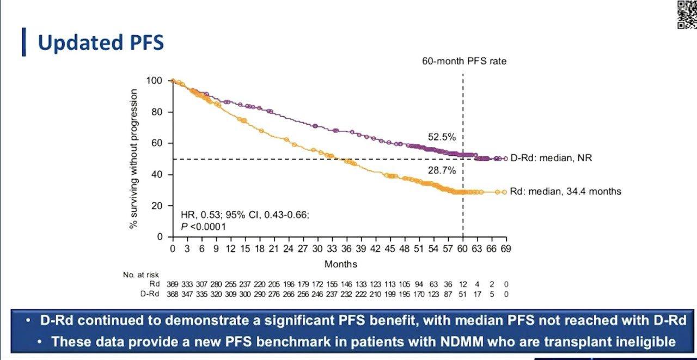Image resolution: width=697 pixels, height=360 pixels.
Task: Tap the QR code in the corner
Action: [686, 14]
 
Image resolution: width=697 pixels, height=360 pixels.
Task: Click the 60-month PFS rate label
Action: [464, 61]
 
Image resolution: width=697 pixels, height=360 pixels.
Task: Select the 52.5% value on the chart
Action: [442, 137]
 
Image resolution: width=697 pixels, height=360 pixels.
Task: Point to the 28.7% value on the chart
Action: [442, 170]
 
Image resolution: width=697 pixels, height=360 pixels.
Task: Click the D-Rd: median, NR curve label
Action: [551, 158]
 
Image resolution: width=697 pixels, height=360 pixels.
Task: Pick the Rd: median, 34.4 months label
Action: [565, 191]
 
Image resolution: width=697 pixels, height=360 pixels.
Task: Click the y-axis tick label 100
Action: [155, 81]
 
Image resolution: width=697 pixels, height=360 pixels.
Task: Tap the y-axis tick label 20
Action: [158, 206]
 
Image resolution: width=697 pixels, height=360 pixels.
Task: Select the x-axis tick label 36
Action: [346, 249]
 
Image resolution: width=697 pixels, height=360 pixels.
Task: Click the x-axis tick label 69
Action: [506, 249]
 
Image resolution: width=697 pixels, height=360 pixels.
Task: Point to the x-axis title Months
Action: [341, 264]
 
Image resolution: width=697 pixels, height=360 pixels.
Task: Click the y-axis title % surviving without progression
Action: [134, 158]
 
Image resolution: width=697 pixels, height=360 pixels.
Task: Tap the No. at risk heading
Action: [141, 276]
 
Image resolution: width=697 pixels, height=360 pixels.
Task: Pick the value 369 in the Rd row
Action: [173, 284]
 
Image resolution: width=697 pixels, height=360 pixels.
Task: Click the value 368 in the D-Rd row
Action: [173, 294]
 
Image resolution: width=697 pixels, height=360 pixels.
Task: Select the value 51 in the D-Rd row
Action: [463, 294]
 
